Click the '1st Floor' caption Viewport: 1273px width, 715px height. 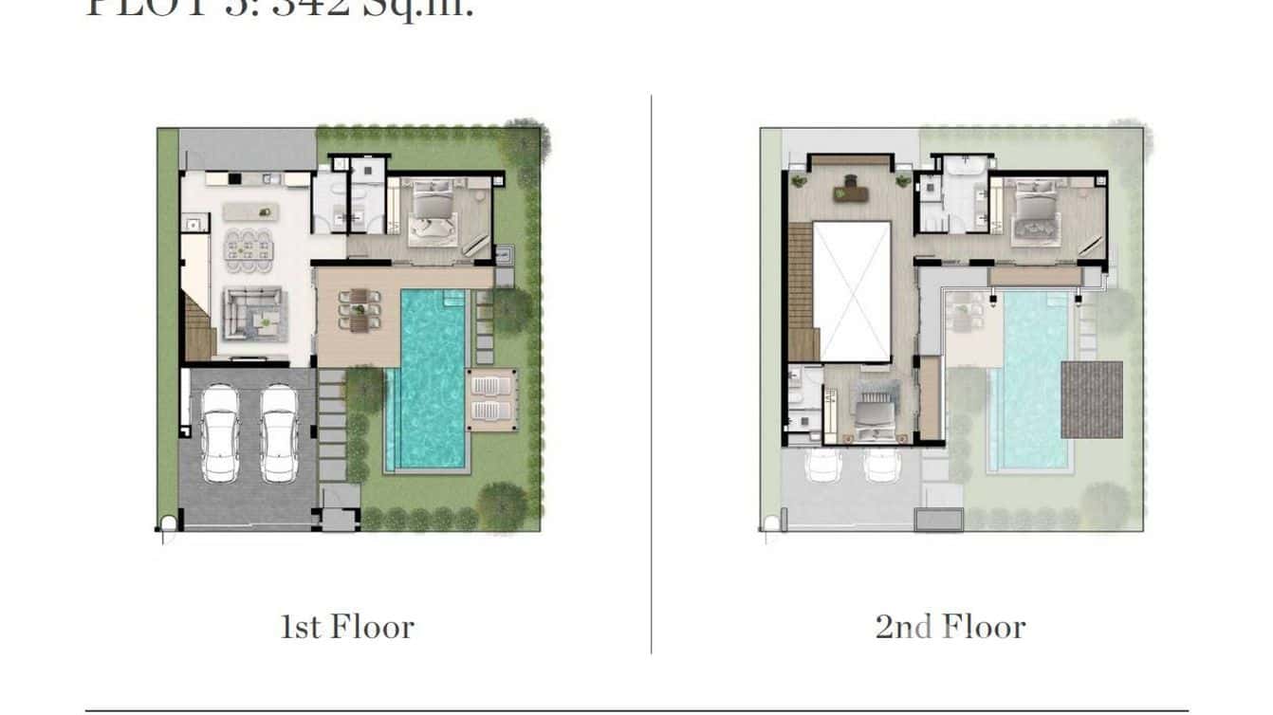tap(347, 627)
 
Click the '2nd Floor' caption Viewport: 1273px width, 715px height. tap(950, 627)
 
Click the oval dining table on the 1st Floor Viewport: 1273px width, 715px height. tap(248, 249)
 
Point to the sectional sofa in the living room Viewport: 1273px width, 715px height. tap(253, 314)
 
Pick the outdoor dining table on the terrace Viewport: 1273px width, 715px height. tap(359, 309)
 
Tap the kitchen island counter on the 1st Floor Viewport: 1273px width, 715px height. tap(250, 211)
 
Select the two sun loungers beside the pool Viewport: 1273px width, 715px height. tap(491, 398)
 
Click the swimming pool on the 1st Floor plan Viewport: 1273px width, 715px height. tap(431, 379)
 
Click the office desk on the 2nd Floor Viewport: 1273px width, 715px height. tap(851, 194)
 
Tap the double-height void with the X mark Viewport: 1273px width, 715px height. tap(853, 291)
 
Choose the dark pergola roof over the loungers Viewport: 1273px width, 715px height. tap(1091, 399)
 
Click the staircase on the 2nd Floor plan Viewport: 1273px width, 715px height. tap(801, 289)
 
